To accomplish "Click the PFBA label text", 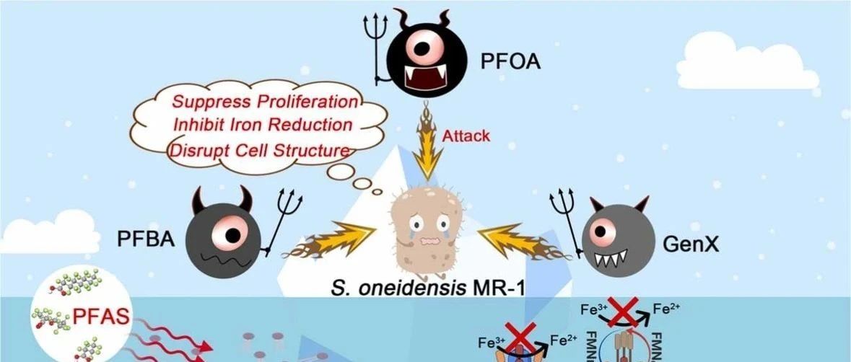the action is tap(146, 237).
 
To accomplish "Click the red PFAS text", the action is tap(100, 316).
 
